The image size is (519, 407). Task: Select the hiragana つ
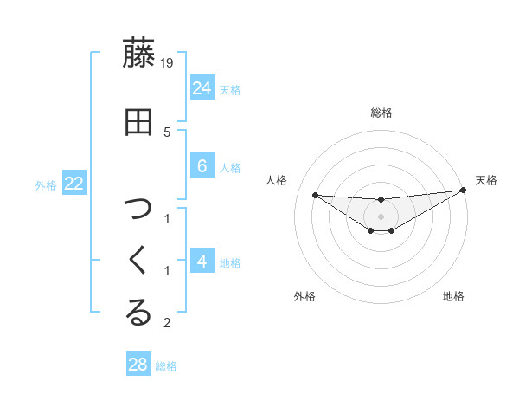click(x=138, y=209)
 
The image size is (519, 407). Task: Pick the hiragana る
click(x=138, y=313)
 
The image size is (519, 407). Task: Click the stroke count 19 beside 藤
click(x=168, y=62)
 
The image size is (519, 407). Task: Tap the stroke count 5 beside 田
click(x=167, y=132)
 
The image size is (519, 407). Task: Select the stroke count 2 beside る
click(x=167, y=323)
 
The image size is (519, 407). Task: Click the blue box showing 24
click(x=202, y=87)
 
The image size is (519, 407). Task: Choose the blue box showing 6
click(x=202, y=166)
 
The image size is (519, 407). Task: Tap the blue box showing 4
click(x=202, y=261)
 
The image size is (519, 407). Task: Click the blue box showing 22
click(x=74, y=183)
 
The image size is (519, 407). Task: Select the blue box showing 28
click(x=138, y=365)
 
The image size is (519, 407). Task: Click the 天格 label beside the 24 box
click(x=229, y=89)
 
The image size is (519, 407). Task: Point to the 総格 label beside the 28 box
click(x=166, y=366)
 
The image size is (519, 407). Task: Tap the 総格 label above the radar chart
click(x=381, y=113)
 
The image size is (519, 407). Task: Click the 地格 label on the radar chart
click(x=453, y=297)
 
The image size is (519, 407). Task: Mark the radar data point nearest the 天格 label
click(x=464, y=191)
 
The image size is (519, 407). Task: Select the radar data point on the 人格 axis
click(x=315, y=195)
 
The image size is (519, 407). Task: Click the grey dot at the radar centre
click(x=381, y=216)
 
